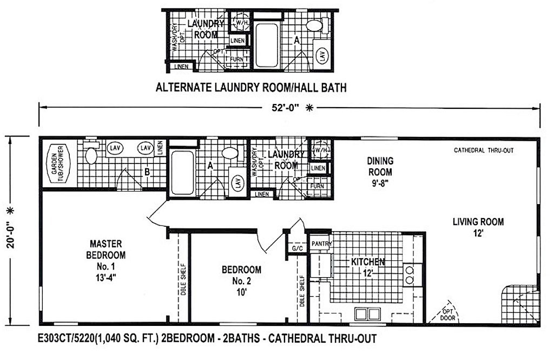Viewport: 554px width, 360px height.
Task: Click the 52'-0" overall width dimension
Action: point(287,108)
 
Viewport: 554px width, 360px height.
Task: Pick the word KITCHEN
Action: point(368,262)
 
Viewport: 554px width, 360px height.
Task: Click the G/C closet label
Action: point(296,248)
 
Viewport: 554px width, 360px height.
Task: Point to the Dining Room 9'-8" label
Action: point(380,171)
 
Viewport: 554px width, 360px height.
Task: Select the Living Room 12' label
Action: point(478,227)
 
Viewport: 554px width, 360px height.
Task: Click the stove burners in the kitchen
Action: point(409,274)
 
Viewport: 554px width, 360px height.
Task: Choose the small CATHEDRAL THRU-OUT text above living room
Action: point(484,150)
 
